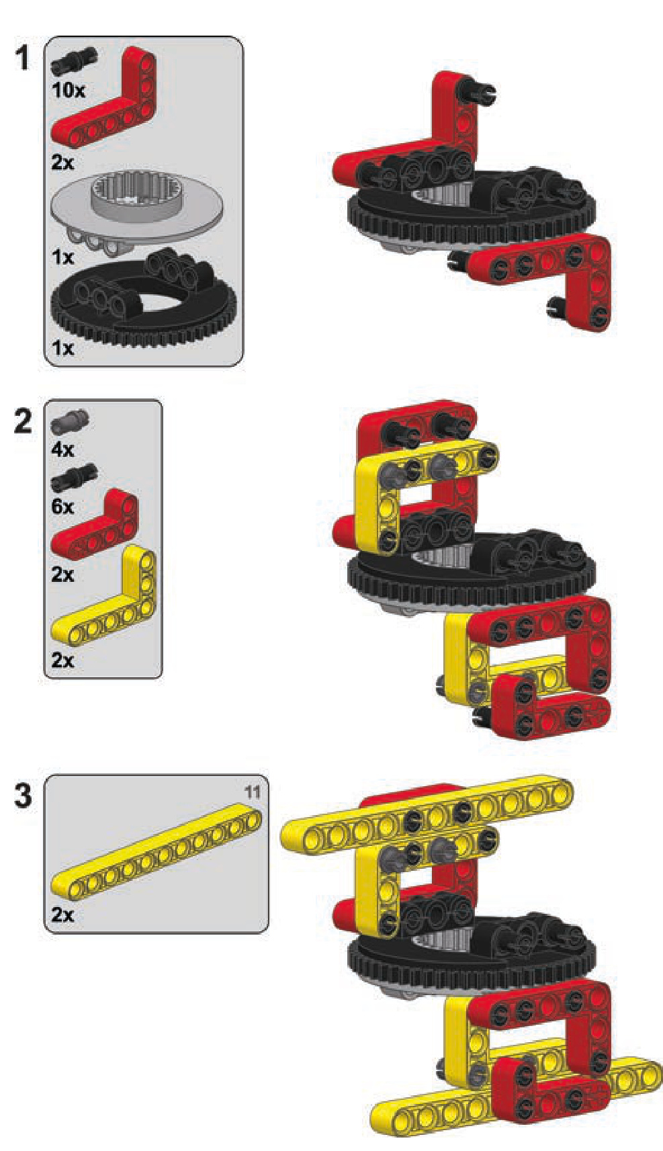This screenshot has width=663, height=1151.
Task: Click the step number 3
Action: pyautogui.click(x=24, y=795)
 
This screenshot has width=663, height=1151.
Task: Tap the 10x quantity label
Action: pyautogui.click(x=69, y=91)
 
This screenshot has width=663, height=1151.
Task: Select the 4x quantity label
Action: pyautogui.click(x=62, y=450)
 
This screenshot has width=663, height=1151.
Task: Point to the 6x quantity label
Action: pyautogui.click(x=62, y=507)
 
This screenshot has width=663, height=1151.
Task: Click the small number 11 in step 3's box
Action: pyautogui.click(x=252, y=792)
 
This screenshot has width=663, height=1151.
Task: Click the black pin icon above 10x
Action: pyautogui.click(x=75, y=62)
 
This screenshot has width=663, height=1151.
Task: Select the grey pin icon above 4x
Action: pyautogui.click(x=70, y=423)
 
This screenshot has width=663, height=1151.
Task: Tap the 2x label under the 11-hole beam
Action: pyautogui.click(x=62, y=914)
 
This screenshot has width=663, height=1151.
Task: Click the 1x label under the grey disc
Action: pyautogui.click(x=62, y=257)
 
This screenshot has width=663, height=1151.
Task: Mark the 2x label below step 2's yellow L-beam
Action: pyautogui.click(x=62, y=660)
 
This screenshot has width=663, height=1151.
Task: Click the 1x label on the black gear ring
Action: pyautogui.click(x=62, y=348)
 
